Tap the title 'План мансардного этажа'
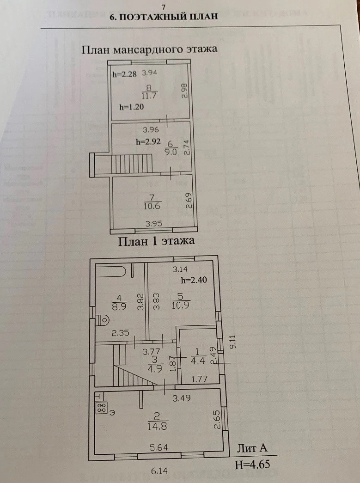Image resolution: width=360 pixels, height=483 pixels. click(149, 49)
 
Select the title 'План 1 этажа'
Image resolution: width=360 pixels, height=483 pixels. click(157, 240)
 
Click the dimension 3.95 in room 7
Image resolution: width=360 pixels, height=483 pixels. click(154, 224)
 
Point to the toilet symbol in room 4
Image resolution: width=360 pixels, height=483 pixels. click(104, 320)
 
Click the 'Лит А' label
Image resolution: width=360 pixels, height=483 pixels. click(252, 447)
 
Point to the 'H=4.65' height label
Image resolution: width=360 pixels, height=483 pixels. click(252, 464)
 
